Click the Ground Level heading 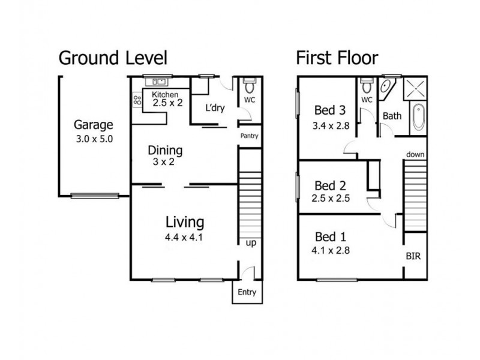(x=113, y=58)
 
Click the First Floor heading (x=337, y=58)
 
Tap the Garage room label (x=94, y=125)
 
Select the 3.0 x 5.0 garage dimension (x=94, y=139)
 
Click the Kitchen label (x=165, y=95)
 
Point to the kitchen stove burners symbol (x=137, y=100)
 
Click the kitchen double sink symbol (x=159, y=82)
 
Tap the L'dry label (x=215, y=108)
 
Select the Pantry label (x=249, y=136)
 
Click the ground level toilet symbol (x=249, y=86)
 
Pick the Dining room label (x=165, y=151)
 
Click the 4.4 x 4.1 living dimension (x=184, y=237)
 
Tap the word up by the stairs (x=251, y=243)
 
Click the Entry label (x=247, y=292)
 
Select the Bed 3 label (x=330, y=110)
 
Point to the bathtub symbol (x=418, y=117)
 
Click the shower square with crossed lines (x=415, y=89)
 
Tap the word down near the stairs (x=415, y=155)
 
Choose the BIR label (x=413, y=256)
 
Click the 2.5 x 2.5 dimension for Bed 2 (x=331, y=199)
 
